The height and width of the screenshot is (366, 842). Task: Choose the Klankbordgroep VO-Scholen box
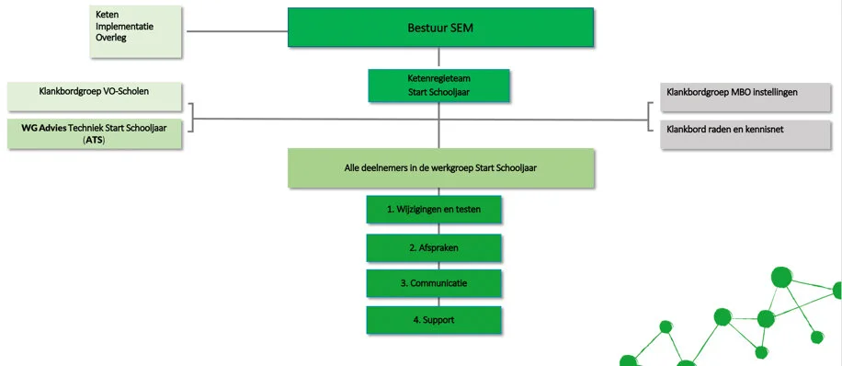[96, 94]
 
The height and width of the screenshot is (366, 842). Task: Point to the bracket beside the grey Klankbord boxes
[652, 118]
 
